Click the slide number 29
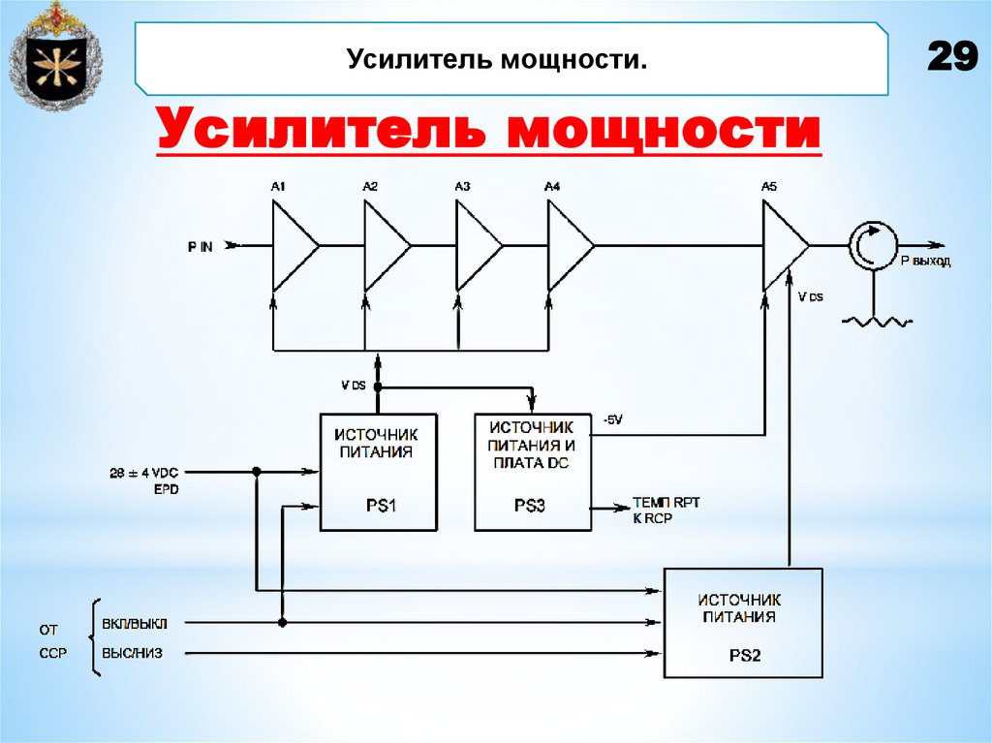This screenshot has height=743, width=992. (x=951, y=57)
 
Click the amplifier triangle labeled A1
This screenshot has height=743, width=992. (x=294, y=246)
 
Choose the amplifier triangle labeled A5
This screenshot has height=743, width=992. (x=784, y=246)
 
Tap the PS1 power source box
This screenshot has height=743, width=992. (x=378, y=472)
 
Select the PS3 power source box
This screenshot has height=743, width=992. (x=532, y=472)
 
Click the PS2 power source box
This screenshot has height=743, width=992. (x=743, y=622)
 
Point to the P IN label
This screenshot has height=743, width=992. (x=200, y=247)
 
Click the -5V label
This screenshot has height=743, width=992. (x=613, y=419)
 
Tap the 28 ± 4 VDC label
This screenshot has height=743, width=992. (x=146, y=473)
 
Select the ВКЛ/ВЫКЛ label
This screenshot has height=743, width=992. (x=134, y=623)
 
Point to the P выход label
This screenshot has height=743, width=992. (x=924, y=262)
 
